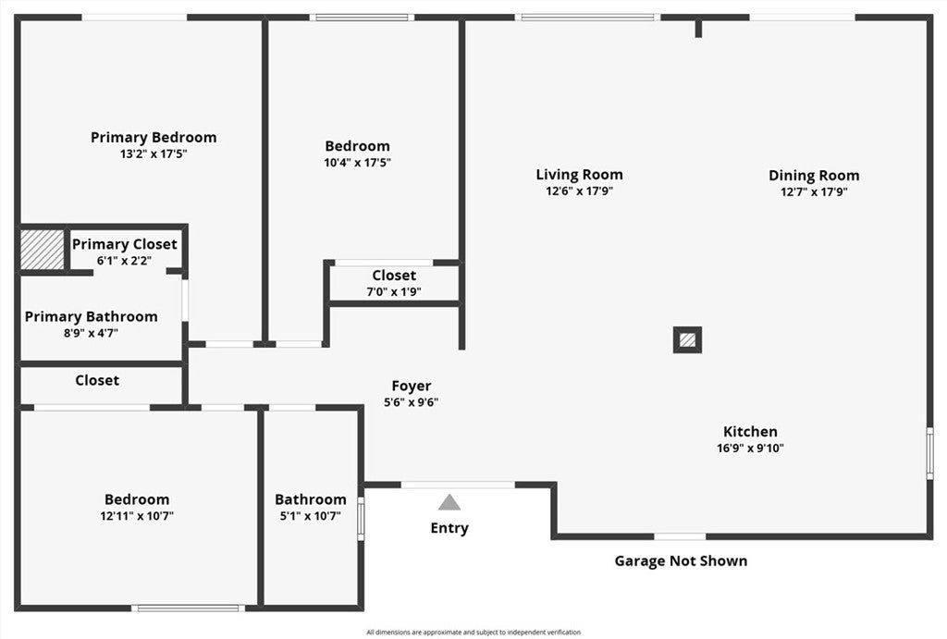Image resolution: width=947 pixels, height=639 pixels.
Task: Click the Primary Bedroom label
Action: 154,138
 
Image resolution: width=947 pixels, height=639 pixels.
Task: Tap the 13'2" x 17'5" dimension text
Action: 154,154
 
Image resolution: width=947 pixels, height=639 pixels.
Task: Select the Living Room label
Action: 579,175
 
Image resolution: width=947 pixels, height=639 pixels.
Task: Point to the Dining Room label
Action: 814,176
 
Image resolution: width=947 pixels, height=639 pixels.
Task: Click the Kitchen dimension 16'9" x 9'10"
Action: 750,449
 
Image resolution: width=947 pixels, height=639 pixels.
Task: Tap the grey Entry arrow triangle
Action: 449,502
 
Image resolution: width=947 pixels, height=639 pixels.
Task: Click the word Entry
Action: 449,528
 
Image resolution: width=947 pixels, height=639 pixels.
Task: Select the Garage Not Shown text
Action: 681,561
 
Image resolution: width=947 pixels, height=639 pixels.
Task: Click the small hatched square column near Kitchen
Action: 687,340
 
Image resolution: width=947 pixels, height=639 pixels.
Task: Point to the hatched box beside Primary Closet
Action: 43,250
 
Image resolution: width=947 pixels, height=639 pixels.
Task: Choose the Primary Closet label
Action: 125,245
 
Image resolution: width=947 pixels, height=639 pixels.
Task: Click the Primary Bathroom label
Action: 92,317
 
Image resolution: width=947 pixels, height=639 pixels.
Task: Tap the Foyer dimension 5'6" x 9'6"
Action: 412,402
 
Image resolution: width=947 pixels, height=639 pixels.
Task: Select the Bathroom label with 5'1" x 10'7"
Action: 311,500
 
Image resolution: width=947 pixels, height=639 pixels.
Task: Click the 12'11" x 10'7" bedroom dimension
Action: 137,516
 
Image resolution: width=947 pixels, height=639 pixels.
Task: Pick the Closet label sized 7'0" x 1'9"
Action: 394,276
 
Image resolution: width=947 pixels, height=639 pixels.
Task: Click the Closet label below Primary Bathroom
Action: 97,380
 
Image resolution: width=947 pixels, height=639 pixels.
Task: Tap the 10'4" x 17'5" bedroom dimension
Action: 358,163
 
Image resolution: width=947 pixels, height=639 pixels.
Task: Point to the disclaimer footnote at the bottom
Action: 473,633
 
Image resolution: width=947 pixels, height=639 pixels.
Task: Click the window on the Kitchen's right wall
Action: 930,453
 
